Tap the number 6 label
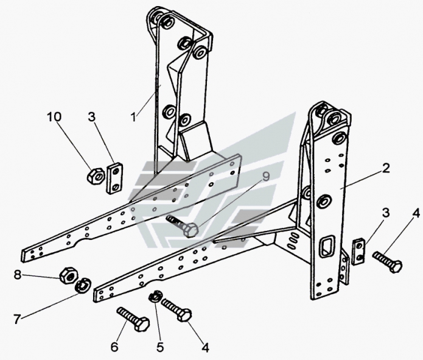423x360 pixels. coord(114,347)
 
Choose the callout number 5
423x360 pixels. coord(159,347)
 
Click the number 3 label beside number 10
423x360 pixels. coord(91,116)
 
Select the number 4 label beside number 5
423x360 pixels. coord(205,348)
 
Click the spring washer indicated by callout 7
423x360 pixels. coord(83,284)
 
